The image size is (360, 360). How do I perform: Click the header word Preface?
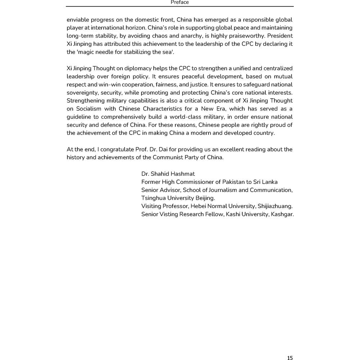pos(180,3)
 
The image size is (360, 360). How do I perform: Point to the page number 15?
pos(290,357)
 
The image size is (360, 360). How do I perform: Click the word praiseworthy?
pos(249,36)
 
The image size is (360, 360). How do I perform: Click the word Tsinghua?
pos(153,198)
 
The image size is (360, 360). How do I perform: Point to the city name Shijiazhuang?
pos(275,206)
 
